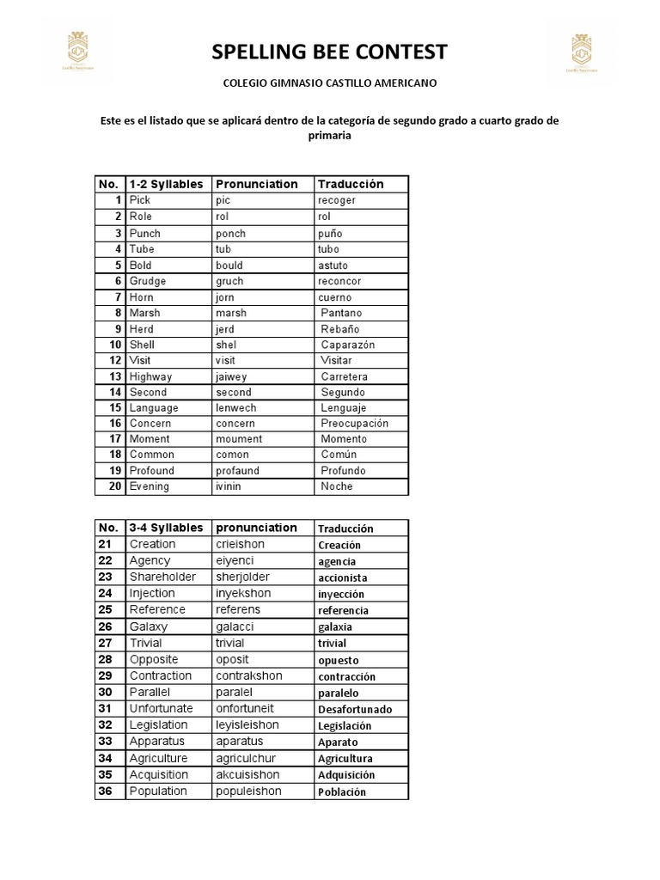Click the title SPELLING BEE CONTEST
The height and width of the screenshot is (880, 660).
[x=330, y=52]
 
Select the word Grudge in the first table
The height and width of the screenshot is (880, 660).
[x=148, y=281]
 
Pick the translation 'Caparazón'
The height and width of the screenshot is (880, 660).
[x=347, y=345]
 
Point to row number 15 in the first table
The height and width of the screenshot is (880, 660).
[x=115, y=407]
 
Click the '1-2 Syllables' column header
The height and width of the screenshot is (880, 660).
[x=166, y=184]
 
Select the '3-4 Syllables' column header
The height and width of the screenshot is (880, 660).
[x=166, y=528]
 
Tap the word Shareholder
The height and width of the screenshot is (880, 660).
[x=162, y=577]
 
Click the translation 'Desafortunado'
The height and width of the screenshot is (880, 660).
[x=355, y=710]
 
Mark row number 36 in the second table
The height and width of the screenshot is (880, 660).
[x=106, y=791]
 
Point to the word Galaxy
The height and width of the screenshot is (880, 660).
[x=149, y=626]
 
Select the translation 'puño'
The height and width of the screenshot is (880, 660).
[x=330, y=233]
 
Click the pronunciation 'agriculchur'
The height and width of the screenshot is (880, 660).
[x=250, y=758]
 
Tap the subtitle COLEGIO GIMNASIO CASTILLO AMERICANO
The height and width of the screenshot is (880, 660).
[x=330, y=83]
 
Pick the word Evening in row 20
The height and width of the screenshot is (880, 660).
[x=150, y=486]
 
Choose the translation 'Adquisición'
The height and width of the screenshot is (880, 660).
[x=346, y=775]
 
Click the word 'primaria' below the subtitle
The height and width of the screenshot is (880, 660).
[x=330, y=135]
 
